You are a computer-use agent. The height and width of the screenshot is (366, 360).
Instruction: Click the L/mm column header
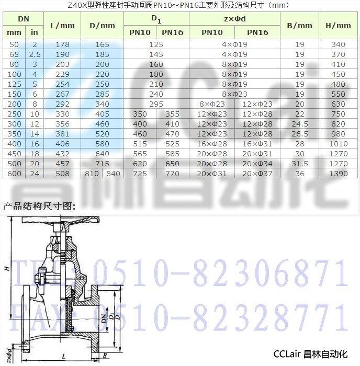tap(62, 26)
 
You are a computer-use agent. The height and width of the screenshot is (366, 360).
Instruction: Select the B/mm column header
tap(299, 26)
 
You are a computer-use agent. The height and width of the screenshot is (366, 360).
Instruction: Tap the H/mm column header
tap(338, 26)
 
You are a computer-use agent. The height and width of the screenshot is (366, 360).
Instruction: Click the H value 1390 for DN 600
tap(338, 174)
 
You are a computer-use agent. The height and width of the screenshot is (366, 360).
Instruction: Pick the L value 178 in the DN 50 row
tap(62, 44)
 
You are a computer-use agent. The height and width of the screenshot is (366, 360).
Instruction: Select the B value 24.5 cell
tap(300, 124)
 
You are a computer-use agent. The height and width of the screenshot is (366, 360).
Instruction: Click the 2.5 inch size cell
tap(35, 54)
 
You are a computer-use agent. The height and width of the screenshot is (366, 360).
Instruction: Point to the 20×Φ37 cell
tap(257, 174)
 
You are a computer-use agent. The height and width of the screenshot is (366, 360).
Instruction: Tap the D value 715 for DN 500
tap(103, 164)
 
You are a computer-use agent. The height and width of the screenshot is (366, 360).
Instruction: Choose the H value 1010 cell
tap(338, 144)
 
